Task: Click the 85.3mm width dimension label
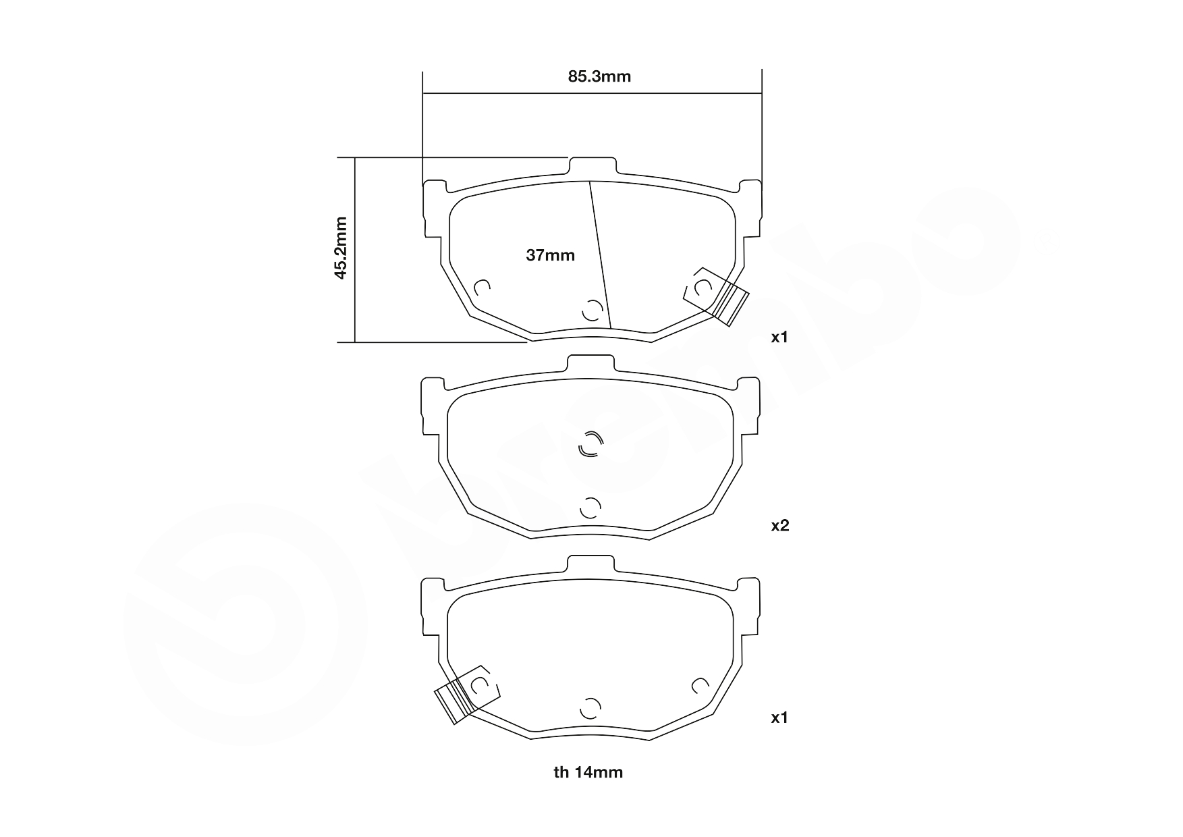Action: pyautogui.click(x=599, y=76)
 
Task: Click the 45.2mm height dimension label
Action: pyautogui.click(x=341, y=248)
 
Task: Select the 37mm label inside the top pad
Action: pyautogui.click(x=550, y=255)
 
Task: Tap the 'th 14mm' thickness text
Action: pyautogui.click(x=588, y=772)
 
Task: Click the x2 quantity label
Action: pyautogui.click(x=780, y=525)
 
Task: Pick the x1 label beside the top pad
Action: pyautogui.click(x=780, y=337)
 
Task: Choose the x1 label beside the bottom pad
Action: pyautogui.click(x=780, y=718)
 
